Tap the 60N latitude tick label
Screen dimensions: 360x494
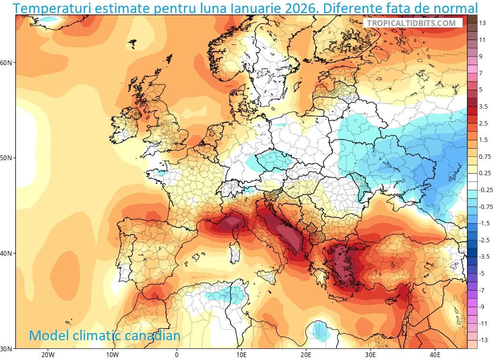[x=7, y=63]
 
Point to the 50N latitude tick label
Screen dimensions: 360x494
[x=7, y=158]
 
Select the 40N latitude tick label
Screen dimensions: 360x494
[x=7, y=253]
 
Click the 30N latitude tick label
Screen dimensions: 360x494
[x=7, y=348]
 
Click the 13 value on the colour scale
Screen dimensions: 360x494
[x=481, y=23]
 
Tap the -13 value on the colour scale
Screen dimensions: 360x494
[x=482, y=340]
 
